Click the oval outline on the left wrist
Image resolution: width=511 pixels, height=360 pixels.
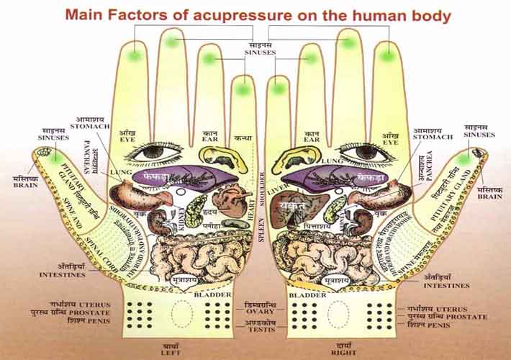182,313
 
